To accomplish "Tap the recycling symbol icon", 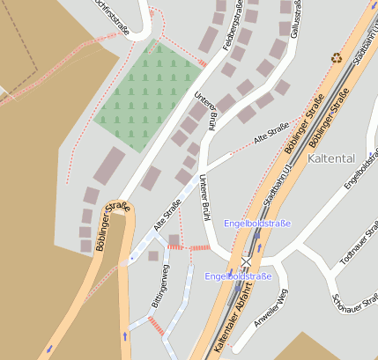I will click(336, 58).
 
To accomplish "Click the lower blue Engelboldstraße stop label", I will click(238, 276).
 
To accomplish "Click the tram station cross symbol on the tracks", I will click(246, 261).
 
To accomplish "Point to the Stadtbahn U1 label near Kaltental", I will click(278, 180).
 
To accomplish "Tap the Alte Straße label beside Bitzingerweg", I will click(167, 215).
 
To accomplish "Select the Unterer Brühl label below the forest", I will click(211, 113).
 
